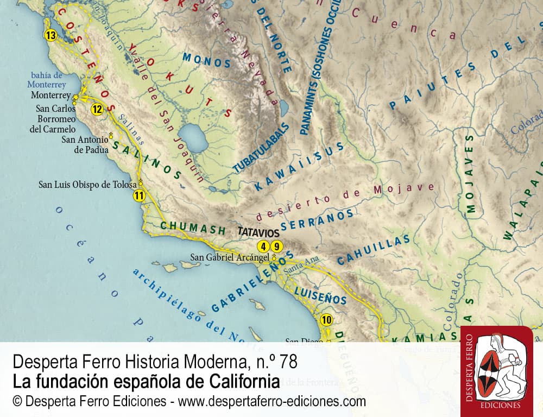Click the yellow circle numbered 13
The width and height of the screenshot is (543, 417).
pos(50,36)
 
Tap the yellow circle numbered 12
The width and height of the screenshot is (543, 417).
pos(97,109)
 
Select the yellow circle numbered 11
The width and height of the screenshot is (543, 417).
pos(140,196)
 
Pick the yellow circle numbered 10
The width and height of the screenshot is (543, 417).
pos(326,319)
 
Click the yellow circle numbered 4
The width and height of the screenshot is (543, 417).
pos(264,245)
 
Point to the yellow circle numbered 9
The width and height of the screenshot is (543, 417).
pos(277,245)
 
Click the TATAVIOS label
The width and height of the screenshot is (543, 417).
pos(258,231)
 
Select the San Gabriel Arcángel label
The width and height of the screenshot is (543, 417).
pos(230,257)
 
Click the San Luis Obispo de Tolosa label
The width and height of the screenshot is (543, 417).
pos(87,184)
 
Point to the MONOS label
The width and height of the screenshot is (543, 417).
pos(207,60)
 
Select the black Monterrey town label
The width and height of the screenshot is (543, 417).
pos(51,95)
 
